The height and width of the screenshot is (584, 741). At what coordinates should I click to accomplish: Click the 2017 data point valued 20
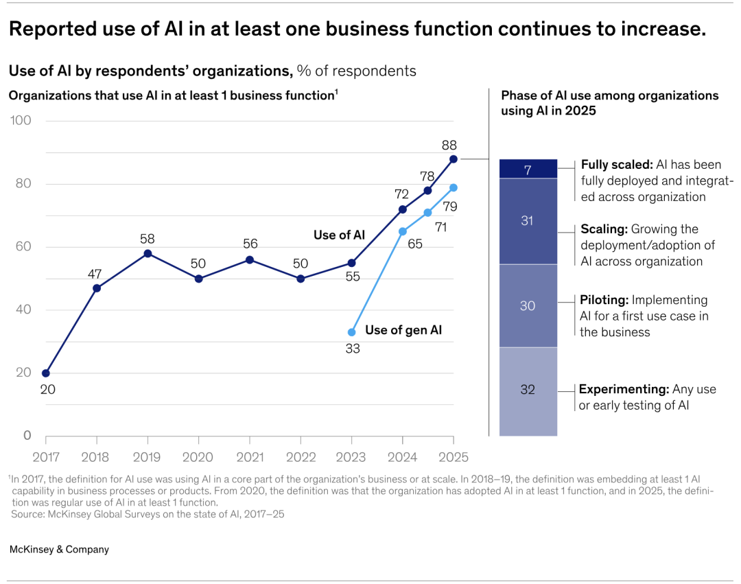[x=46, y=373]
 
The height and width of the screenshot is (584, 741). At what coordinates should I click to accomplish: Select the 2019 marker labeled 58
[x=148, y=253]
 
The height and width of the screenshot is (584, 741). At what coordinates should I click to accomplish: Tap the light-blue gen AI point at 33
[x=352, y=332]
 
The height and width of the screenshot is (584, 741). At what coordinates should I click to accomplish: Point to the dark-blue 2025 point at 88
[x=454, y=159]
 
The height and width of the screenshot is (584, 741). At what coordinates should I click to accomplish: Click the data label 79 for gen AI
[x=450, y=206]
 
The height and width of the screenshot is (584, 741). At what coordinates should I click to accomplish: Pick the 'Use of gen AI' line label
[x=403, y=330]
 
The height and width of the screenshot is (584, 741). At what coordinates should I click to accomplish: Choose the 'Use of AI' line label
[x=339, y=235]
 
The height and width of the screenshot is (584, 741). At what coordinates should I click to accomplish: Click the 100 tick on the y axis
[x=20, y=121]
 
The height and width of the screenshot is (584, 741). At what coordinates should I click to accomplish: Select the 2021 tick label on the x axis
[x=250, y=456]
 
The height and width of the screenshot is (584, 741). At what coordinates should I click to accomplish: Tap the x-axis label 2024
[x=402, y=456]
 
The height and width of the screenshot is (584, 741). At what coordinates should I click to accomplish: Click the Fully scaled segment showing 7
[x=528, y=169]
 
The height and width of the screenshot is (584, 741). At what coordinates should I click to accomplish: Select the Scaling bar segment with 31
[x=528, y=221]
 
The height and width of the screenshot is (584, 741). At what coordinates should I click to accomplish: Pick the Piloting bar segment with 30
[x=528, y=306]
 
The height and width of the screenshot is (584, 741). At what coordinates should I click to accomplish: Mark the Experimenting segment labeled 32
[x=528, y=390]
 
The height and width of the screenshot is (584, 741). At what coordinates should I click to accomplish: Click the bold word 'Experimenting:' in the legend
[x=624, y=389]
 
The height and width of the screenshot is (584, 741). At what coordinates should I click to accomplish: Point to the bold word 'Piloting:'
[x=604, y=300]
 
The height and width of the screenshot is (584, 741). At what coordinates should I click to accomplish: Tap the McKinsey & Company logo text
[x=59, y=550]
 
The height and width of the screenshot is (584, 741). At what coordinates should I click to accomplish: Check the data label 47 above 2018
[x=96, y=274]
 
